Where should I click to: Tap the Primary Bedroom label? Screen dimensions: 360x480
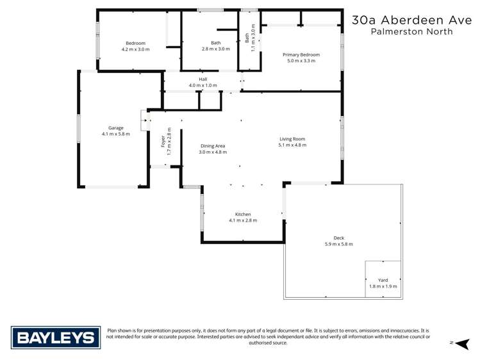pyautogui.click(x=301, y=55)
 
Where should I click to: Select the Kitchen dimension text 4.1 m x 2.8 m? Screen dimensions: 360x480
pyautogui.click(x=243, y=220)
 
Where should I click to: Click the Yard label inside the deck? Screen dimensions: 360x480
pyautogui.click(x=384, y=280)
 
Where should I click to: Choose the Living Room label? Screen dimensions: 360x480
pyautogui.click(x=292, y=139)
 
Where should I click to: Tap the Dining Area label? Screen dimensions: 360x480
pyautogui.click(x=212, y=145)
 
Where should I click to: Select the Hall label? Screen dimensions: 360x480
pyautogui.click(x=203, y=79)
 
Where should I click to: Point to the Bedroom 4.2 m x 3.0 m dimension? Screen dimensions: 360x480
pyautogui.click(x=135, y=49)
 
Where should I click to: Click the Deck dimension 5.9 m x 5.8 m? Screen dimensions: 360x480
pyautogui.click(x=339, y=244)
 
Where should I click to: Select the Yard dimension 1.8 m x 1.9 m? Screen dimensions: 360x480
pyautogui.click(x=384, y=286)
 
